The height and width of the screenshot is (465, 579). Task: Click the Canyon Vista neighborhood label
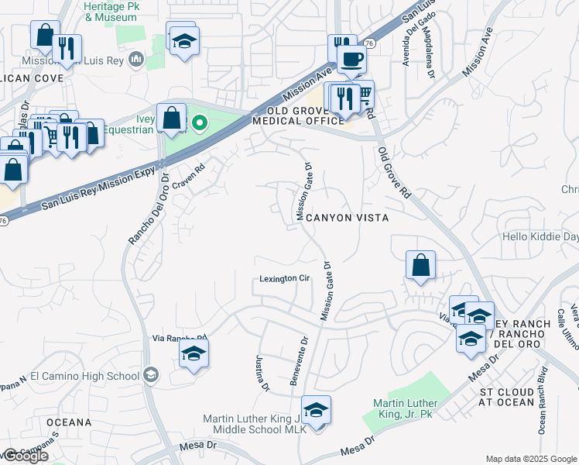click(x=345, y=219)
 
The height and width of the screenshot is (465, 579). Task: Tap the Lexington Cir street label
click(x=283, y=279)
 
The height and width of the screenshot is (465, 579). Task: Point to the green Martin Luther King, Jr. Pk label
click(x=405, y=408)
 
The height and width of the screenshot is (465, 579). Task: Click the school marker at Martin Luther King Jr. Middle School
click(x=316, y=411)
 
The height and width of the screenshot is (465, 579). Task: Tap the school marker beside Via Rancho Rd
click(x=194, y=356)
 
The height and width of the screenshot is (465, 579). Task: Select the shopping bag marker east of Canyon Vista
click(x=420, y=265)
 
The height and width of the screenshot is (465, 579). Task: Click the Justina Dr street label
click(x=261, y=373)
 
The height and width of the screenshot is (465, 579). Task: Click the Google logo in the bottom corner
click(x=26, y=456)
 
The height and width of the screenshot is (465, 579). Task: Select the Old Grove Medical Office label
click(x=298, y=115)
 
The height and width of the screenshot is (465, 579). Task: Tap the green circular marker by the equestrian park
click(x=200, y=122)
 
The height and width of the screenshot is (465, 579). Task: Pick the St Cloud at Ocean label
click(x=506, y=397)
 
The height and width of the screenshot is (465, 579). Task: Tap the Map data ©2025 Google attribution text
click(x=530, y=459)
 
